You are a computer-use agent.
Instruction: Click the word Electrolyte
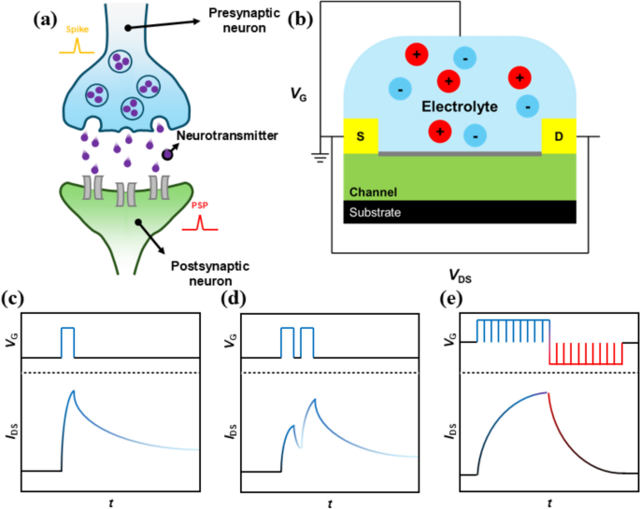click(460, 107)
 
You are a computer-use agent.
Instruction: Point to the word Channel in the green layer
click(373, 191)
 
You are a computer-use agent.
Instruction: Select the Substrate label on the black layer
click(377, 213)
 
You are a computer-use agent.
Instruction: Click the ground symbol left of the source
click(320, 157)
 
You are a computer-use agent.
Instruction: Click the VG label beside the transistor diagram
click(297, 93)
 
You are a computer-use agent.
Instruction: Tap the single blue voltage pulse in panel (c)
click(67, 342)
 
